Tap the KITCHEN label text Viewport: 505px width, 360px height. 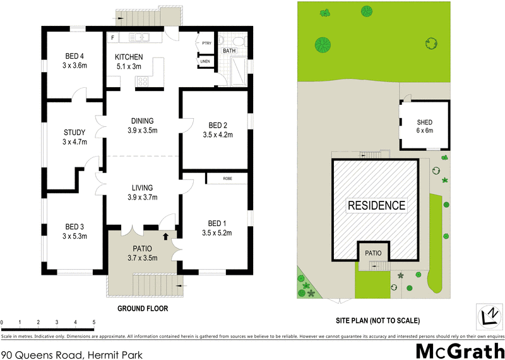point(129,57)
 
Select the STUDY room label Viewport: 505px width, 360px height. point(74,132)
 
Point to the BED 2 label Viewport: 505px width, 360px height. point(218,124)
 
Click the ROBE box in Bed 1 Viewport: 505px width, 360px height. point(227,179)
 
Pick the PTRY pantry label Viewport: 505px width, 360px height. point(206,43)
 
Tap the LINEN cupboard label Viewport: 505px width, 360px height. point(206,61)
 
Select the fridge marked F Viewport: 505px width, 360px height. point(112,38)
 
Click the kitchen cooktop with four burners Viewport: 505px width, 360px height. point(142,80)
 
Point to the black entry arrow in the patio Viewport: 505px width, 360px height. point(166,237)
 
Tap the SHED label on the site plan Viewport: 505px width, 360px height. point(424,123)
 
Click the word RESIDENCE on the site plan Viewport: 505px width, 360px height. point(376,205)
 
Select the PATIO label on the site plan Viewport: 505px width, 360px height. point(373,253)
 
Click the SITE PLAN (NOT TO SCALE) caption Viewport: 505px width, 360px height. point(377,320)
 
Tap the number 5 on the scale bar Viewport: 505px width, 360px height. point(94,323)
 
